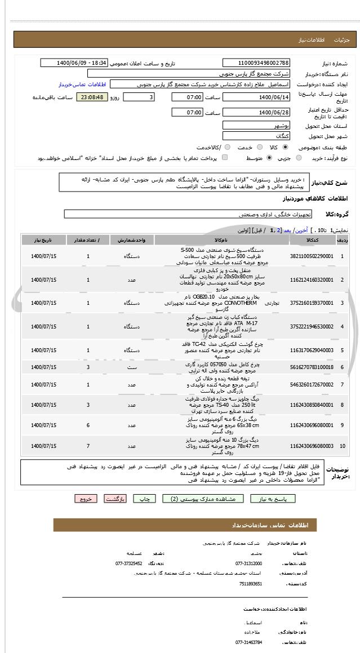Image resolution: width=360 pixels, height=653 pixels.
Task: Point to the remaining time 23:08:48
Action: coord(92,97)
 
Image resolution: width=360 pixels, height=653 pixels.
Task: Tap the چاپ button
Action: coord(146,499)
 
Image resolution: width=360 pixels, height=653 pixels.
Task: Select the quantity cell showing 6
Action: coord(88,425)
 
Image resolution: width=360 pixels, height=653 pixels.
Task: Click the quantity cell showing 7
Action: coord(88,446)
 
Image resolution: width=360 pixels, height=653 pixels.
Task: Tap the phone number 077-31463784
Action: coord(248,642)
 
